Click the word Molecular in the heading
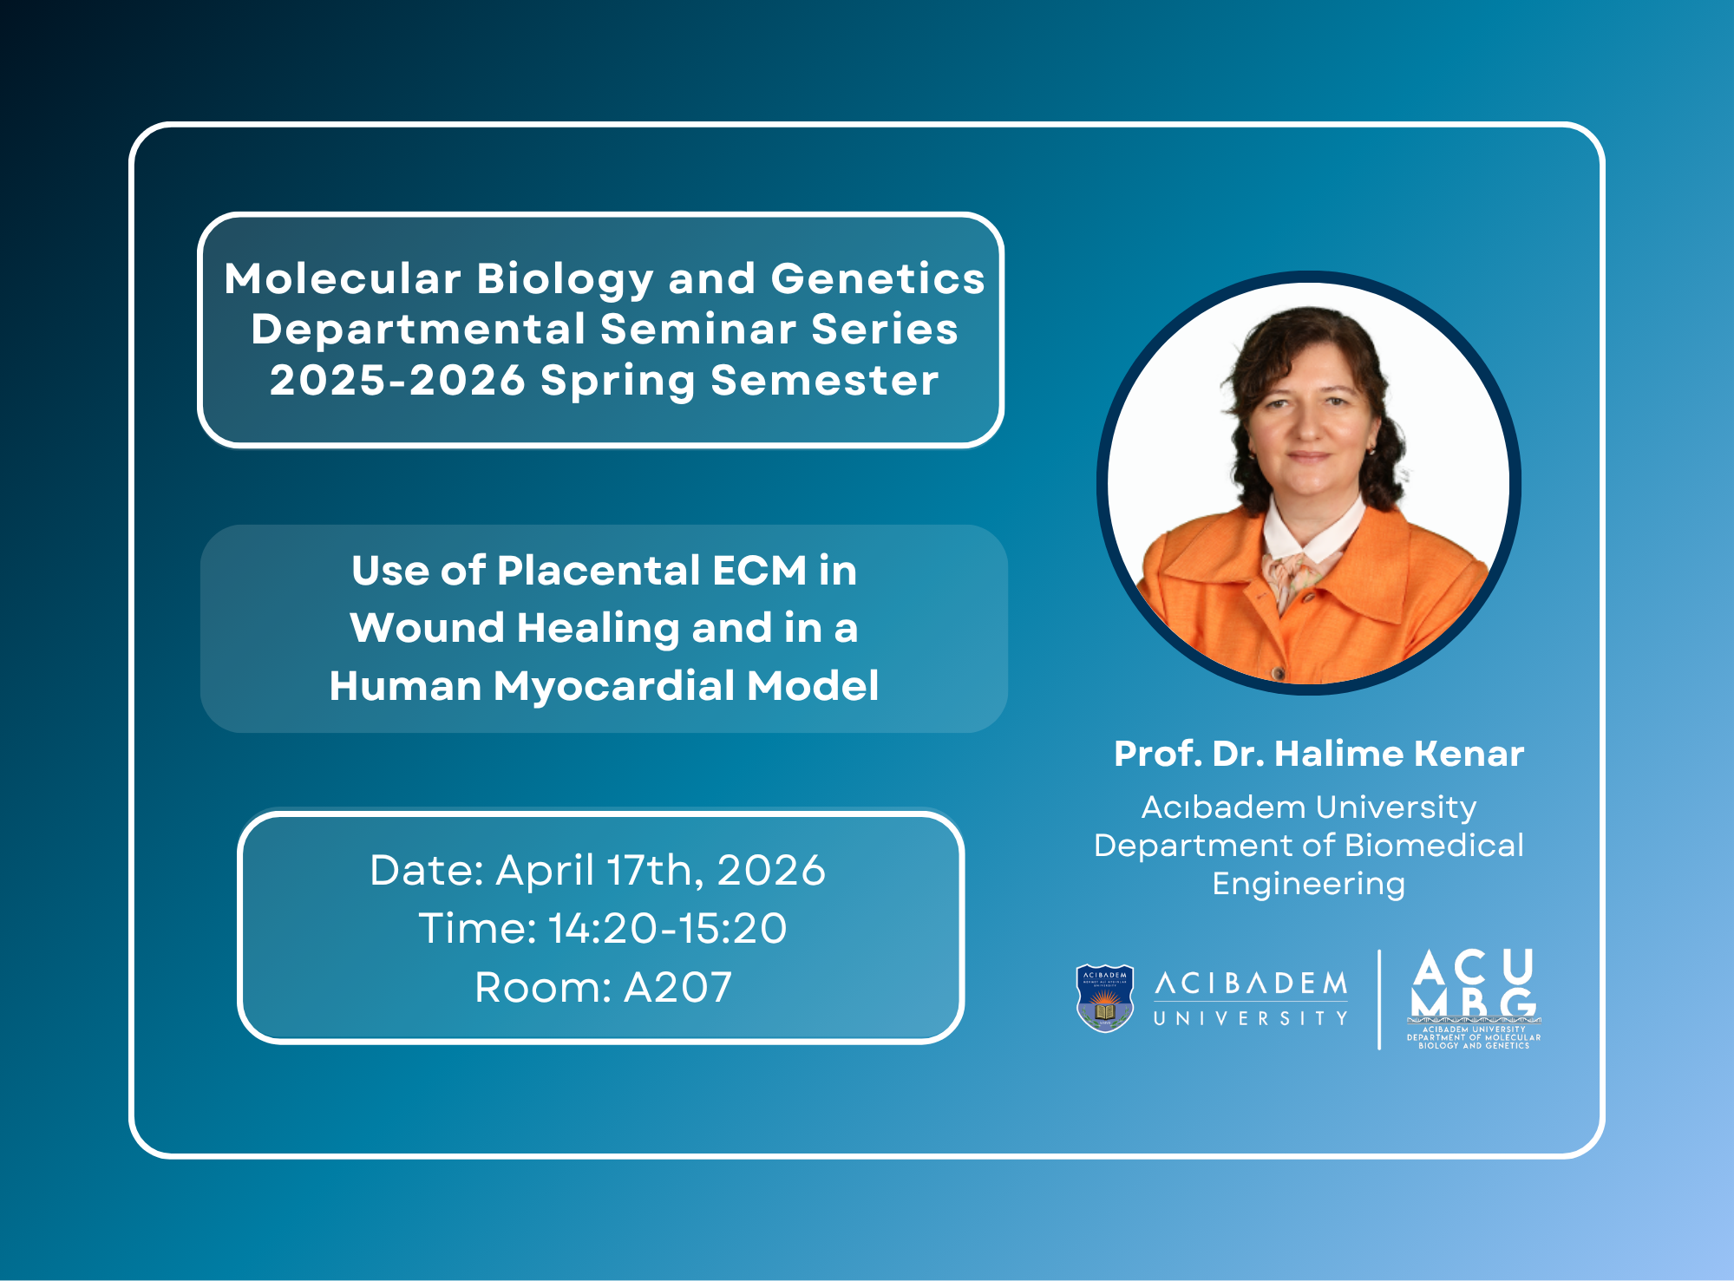[342, 278]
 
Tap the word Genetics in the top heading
[878, 278]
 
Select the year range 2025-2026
[397, 381]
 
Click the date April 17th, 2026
[660, 870]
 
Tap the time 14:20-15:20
[668, 928]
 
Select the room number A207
[677, 987]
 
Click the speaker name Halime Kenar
[1399, 754]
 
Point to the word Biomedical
[1435, 845]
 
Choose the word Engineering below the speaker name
[1308, 885]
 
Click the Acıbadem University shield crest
[1104, 998]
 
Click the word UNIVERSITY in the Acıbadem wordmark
[1250, 1018]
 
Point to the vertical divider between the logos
[1379, 1000]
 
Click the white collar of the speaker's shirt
[1310, 531]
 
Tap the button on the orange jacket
[1276, 673]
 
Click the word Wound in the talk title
[427, 628]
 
